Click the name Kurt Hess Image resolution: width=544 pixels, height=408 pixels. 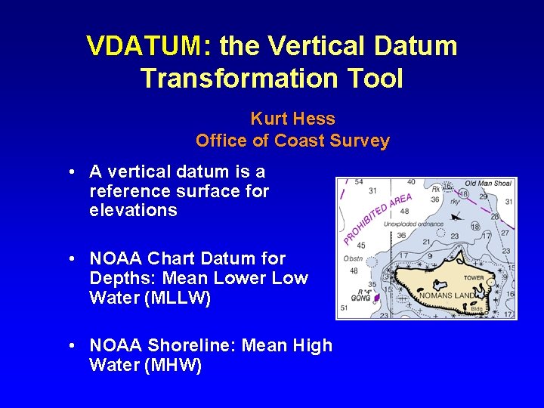[292, 119]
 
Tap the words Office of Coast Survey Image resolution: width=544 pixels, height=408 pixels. [292, 141]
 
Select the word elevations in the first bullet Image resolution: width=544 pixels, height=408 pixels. [133, 210]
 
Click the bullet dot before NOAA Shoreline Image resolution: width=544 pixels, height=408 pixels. [70, 345]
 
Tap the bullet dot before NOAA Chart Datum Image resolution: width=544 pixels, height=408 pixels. [70, 258]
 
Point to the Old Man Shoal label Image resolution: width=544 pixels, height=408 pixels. [487, 184]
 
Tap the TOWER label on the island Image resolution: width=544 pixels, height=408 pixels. [474, 277]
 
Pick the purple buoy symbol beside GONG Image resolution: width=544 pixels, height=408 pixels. [376, 298]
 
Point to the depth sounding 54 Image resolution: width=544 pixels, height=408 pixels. [358, 182]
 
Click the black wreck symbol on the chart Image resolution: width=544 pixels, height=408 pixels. [455, 217]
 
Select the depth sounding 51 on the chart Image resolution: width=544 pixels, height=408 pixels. [345, 308]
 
